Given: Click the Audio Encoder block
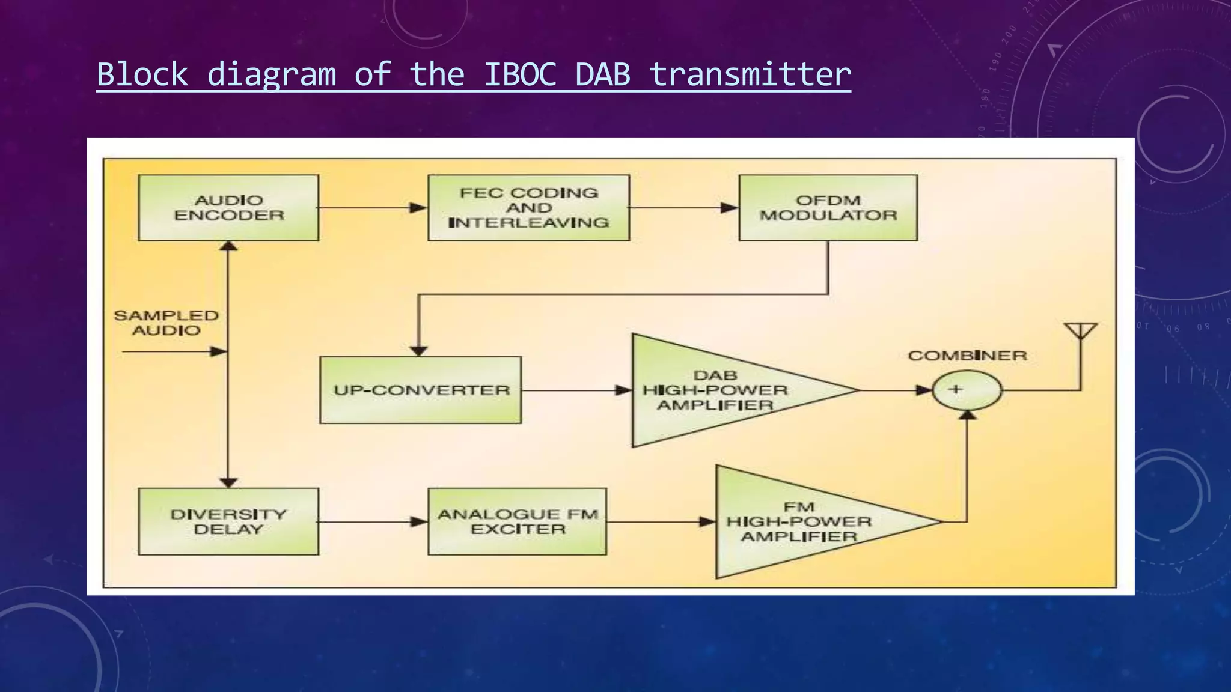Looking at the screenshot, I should click(x=228, y=208).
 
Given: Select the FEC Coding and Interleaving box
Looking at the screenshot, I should click(x=528, y=208).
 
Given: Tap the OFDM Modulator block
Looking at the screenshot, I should click(x=828, y=208).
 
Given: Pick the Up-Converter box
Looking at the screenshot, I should click(x=420, y=390).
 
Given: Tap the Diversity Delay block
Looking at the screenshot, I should click(x=228, y=521).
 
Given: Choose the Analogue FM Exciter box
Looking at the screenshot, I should click(x=517, y=521).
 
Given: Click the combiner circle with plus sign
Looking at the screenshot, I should click(x=967, y=390).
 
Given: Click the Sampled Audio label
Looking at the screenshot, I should click(x=166, y=323).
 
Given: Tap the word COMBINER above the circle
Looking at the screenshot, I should click(x=967, y=356).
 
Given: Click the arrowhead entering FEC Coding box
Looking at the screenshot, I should click(x=418, y=208).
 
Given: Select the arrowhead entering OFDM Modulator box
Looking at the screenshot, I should click(x=729, y=208).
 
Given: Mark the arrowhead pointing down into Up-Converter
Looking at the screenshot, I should click(x=418, y=351).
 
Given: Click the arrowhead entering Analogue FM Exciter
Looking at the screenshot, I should click(x=418, y=522).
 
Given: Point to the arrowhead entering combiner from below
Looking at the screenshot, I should click(x=967, y=415).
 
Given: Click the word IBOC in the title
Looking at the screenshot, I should click(x=521, y=74).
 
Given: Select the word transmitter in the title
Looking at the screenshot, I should click(x=750, y=74).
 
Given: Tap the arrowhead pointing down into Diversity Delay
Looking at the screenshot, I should click(x=228, y=482).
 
